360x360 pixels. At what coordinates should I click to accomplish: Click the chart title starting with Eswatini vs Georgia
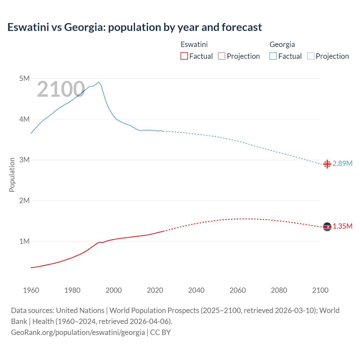[134, 27]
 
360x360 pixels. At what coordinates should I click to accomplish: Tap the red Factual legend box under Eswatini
[184, 56]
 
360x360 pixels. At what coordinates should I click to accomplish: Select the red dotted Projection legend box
[222, 56]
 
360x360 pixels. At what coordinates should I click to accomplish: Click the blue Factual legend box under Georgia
[273, 56]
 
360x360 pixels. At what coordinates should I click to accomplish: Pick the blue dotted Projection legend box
[311, 56]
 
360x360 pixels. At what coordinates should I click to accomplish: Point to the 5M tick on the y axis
[24, 78]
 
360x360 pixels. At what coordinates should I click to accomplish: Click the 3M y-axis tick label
[24, 160]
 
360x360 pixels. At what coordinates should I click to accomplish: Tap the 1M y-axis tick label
[24, 241]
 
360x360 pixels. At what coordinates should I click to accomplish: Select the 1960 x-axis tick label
[31, 290]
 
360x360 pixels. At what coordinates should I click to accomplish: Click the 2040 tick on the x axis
[196, 290]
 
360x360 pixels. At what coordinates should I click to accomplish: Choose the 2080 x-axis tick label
[279, 290]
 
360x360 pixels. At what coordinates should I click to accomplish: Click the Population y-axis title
[12, 175]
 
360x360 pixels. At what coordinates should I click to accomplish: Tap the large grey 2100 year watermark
[61, 89]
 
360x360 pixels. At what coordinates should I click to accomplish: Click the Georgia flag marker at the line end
[327, 164]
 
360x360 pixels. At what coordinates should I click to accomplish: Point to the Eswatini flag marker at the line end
[327, 226]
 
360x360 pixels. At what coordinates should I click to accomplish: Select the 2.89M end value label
[342, 163]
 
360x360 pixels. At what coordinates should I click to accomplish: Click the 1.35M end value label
[342, 226]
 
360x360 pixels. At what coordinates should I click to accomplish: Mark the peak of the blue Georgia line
[99, 82]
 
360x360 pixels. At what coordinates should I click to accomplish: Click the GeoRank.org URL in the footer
[78, 332]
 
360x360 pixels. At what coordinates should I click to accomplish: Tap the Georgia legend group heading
[282, 44]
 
